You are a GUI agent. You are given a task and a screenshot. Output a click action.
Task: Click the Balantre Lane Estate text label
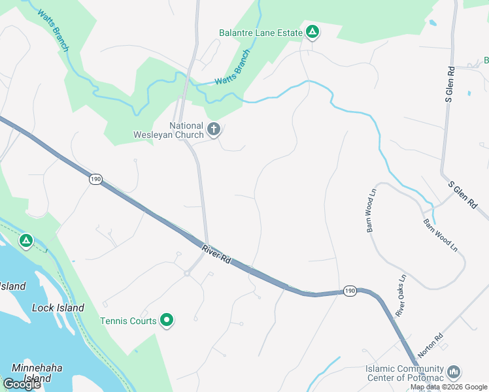pos(260,33)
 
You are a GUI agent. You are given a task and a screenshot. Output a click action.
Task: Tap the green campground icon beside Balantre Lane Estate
pos(312,31)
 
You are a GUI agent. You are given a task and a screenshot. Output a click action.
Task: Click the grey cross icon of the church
pos(213,129)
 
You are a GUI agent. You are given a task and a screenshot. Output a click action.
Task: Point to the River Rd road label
pos(216,253)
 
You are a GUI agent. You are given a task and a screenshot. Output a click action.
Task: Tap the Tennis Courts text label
pos(128,321)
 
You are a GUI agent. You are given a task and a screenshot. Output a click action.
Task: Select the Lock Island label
pos(58,307)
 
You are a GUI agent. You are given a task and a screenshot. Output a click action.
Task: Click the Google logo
pos(21,384)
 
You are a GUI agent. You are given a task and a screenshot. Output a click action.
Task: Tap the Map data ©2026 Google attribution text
pos(448,387)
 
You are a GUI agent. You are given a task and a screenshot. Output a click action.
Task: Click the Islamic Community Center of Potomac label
pos(404,372)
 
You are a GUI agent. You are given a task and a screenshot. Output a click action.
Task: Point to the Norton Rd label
pos(430,345)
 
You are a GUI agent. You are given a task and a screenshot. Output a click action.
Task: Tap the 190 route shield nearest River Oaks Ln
pos(350,291)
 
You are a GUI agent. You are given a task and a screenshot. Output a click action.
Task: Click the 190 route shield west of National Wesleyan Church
pos(96,178)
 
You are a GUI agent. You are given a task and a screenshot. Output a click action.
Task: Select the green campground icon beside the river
pos(26,241)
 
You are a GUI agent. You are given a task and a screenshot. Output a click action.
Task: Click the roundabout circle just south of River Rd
pos(186,274)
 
